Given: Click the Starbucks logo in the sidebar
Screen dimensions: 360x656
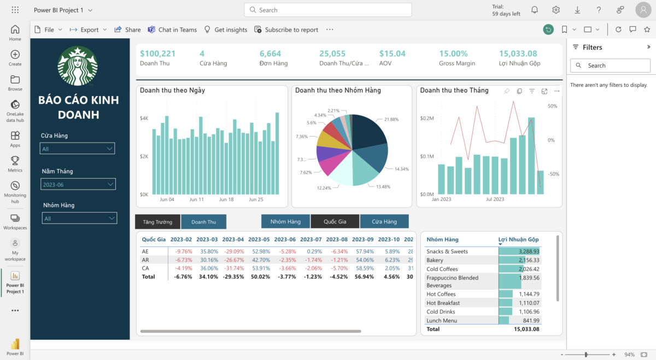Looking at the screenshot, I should coord(78,66).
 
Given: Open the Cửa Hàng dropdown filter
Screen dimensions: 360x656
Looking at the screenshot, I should coord(77,149).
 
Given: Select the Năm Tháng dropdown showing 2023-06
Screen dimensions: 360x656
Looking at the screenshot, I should coord(78,185).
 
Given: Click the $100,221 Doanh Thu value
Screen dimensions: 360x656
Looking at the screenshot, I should coord(157,54).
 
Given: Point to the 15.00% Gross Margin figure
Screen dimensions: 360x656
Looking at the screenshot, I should coord(453,54).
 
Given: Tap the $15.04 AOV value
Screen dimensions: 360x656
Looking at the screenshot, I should coord(392,54).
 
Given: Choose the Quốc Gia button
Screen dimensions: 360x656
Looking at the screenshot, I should coord(335,222).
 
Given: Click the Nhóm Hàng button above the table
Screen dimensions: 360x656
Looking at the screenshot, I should coord(285,222).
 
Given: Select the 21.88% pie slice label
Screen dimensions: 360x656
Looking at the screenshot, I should coord(391,119).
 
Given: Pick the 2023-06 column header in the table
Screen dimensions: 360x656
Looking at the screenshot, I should coord(284,239).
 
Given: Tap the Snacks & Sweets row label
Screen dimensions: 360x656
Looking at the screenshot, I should coord(447,251).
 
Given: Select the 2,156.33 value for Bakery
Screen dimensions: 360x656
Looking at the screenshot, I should coord(527,260).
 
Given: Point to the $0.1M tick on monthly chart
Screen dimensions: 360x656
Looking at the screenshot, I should coord(427,156).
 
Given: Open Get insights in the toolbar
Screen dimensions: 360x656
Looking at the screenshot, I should coord(225,29).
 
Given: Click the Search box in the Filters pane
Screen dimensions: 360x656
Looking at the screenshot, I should coord(610,66).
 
